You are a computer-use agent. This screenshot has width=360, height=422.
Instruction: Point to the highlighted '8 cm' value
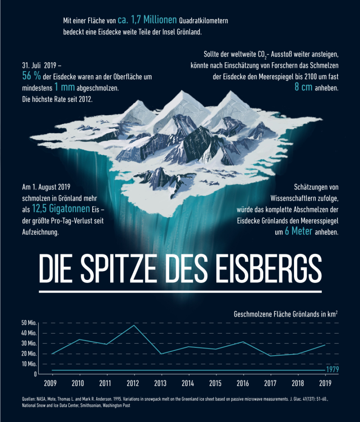(303, 88)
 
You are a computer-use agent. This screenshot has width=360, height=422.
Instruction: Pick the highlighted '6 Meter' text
(299, 231)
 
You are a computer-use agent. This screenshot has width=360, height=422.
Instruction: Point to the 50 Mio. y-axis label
(29, 323)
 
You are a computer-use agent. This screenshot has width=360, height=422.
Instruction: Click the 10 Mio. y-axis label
(29, 364)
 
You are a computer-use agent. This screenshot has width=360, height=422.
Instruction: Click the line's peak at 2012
(134, 325)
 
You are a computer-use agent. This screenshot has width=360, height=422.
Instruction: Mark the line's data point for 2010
(79, 339)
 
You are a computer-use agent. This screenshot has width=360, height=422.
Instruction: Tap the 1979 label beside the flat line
(332, 370)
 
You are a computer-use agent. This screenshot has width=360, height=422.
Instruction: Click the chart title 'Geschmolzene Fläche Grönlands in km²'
(285, 315)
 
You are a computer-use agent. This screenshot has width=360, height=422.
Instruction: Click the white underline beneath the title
(180, 291)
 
